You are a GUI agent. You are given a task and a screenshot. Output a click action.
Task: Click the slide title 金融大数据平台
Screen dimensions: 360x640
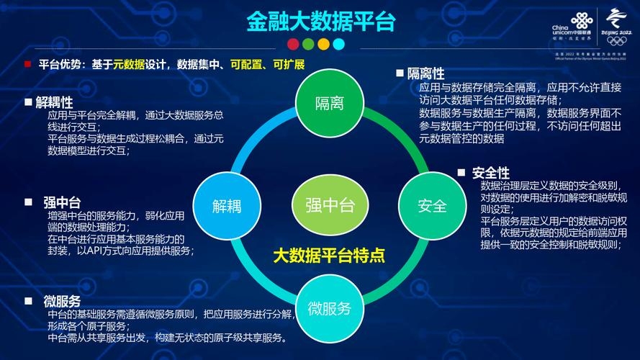click(321, 21)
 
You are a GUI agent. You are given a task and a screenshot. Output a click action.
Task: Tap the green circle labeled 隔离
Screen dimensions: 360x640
click(329, 103)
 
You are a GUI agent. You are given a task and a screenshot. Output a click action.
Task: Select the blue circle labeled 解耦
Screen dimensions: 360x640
click(226, 206)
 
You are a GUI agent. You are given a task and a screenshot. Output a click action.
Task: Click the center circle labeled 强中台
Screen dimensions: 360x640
click(330, 204)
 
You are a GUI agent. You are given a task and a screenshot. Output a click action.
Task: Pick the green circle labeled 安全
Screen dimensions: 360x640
click(432, 206)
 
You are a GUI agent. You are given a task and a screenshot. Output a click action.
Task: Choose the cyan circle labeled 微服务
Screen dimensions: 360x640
click(329, 309)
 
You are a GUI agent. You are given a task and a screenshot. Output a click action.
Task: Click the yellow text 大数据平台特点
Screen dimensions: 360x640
click(329, 256)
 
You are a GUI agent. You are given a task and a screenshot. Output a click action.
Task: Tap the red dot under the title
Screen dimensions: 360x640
click(292, 44)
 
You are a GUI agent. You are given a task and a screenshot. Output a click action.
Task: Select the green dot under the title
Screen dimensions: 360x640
click(307, 44)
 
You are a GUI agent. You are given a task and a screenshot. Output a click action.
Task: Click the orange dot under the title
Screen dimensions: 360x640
click(323, 44)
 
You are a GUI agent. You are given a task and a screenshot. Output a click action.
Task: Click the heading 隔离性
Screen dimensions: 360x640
click(425, 73)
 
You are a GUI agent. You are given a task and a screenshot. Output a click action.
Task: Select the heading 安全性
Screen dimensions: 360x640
click(491, 173)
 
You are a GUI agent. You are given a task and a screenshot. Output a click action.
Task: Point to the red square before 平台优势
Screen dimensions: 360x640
click(27, 64)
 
